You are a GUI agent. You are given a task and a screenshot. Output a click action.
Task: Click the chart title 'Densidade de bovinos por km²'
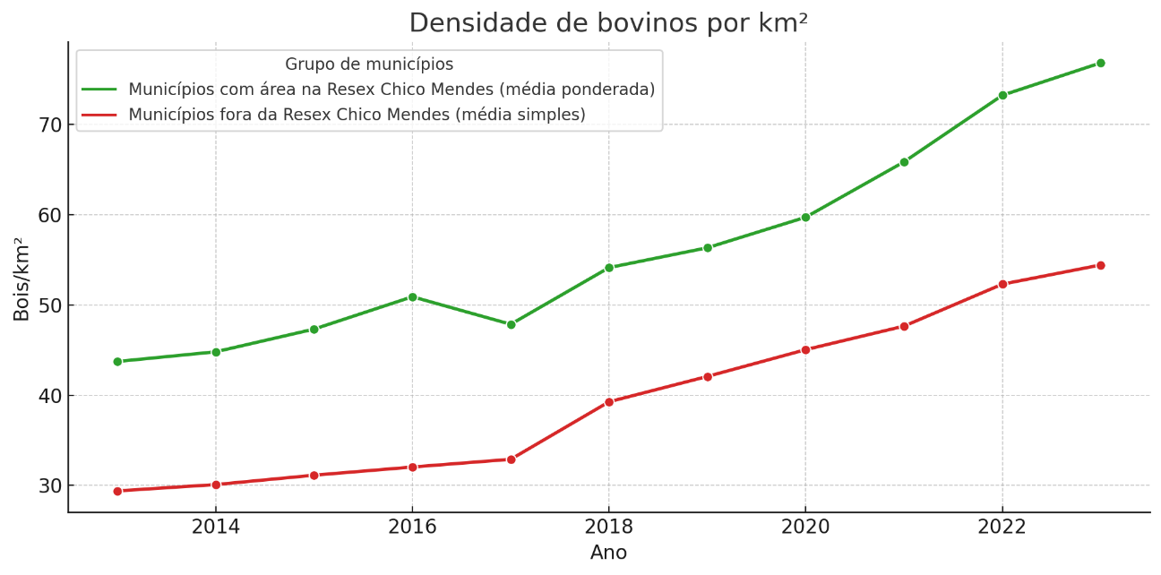pyautogui.click(x=608, y=22)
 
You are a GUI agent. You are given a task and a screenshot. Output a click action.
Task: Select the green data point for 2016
pyautogui.click(x=412, y=296)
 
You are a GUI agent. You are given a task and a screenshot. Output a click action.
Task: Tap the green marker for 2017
pyautogui.click(x=511, y=324)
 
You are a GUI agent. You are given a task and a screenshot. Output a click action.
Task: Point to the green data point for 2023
pyautogui.click(x=1100, y=63)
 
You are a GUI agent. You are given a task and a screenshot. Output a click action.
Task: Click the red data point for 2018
pyautogui.click(x=609, y=402)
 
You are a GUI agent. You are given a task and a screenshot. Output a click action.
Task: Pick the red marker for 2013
pyautogui.click(x=117, y=491)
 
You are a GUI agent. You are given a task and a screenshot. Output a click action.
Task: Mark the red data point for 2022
pyautogui.click(x=1002, y=284)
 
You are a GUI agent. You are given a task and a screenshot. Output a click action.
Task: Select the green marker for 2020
pyautogui.click(x=805, y=217)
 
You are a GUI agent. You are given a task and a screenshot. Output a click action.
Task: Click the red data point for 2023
pyautogui.click(x=1100, y=265)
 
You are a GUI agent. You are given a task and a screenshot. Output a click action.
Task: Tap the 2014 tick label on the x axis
pyautogui.click(x=216, y=527)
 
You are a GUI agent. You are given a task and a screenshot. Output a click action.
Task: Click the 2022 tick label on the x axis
pyautogui.click(x=1002, y=527)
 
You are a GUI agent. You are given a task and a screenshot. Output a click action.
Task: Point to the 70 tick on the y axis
pyautogui.click(x=50, y=124)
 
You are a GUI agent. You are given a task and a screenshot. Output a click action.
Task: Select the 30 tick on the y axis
pyautogui.click(x=50, y=485)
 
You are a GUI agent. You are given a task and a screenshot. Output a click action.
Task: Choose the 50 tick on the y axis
pyautogui.click(x=50, y=305)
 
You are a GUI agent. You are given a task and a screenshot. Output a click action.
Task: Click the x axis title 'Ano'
pyautogui.click(x=608, y=553)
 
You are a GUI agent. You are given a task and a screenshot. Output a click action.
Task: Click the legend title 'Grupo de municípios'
pyautogui.click(x=369, y=64)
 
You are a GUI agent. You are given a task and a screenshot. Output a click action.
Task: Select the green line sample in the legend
pyautogui.click(x=99, y=90)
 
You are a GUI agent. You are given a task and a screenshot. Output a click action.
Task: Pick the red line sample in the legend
pyautogui.click(x=99, y=115)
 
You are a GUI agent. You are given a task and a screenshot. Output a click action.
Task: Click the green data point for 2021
pyautogui.click(x=904, y=162)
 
